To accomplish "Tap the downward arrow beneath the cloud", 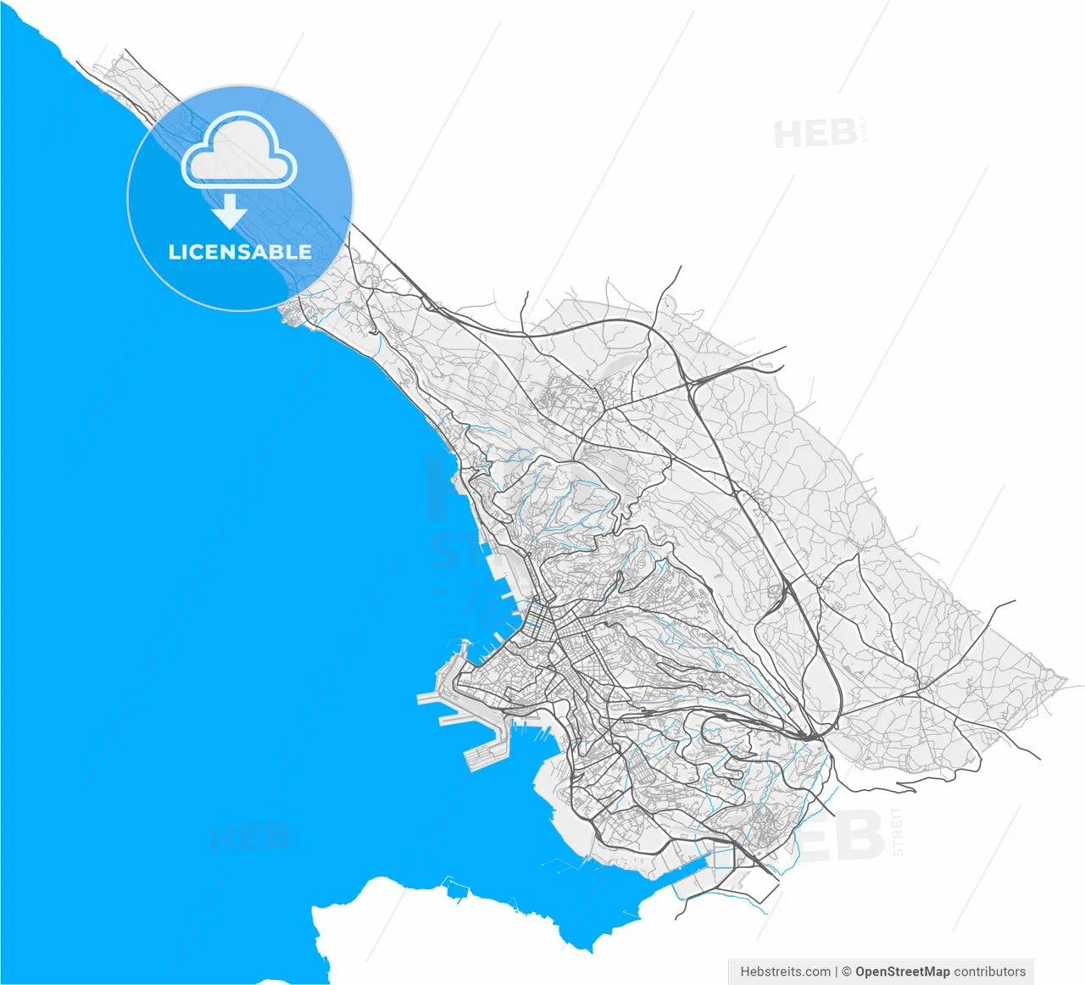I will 228,212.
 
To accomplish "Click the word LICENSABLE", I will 240,252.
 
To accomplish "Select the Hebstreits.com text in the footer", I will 785,971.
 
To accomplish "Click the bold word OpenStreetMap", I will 902,971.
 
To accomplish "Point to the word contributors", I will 990,971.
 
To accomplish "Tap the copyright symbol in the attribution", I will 846,971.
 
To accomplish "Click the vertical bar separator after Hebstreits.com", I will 837,971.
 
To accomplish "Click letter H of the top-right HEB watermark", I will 788,135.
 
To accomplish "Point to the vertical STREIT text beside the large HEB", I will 898,831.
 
